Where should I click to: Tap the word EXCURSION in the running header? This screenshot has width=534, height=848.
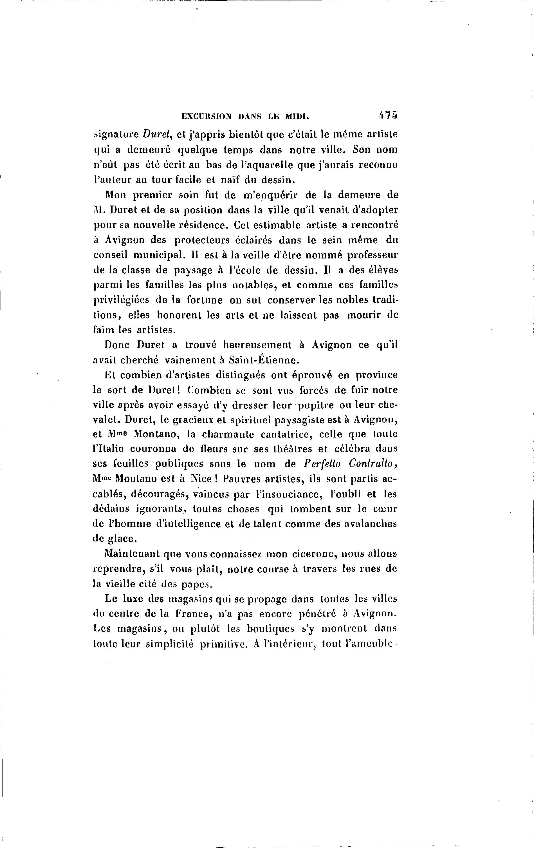(x=206, y=116)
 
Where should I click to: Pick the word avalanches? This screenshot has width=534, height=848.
(x=370, y=524)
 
